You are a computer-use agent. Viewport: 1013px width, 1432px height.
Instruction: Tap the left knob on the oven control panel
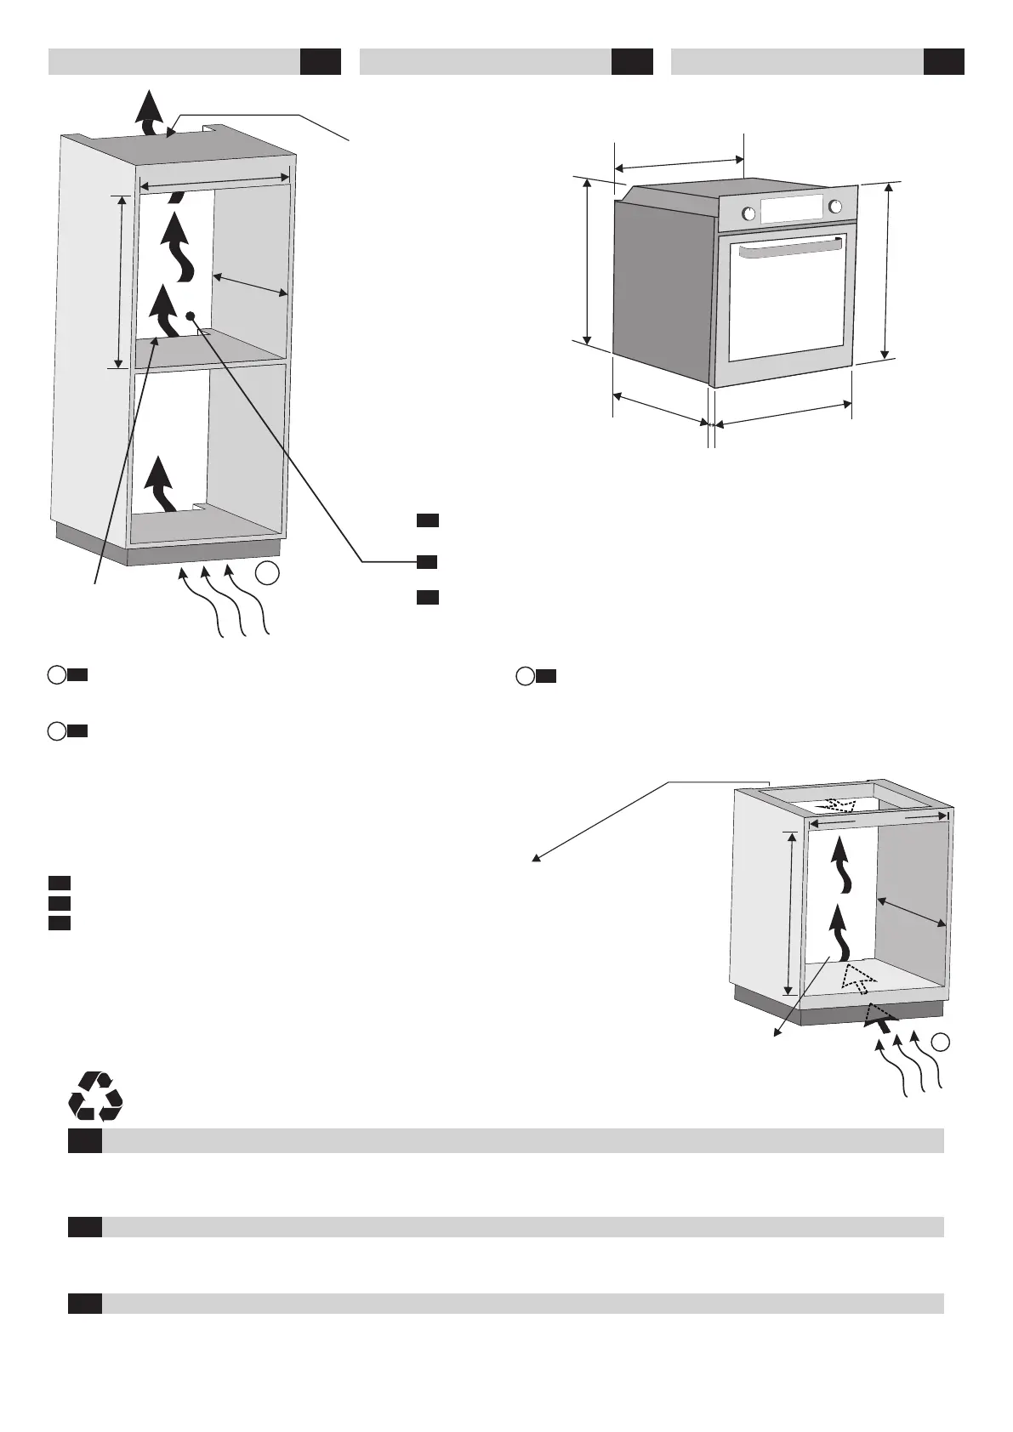(748, 213)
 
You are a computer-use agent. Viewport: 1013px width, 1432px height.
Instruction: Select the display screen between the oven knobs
(792, 209)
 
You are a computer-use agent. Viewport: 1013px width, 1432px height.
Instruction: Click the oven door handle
(791, 249)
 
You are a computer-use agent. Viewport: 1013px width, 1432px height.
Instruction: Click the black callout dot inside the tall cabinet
(191, 316)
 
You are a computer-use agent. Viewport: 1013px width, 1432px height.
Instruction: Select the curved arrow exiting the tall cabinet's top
(151, 112)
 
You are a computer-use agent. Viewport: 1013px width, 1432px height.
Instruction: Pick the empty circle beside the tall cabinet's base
(267, 574)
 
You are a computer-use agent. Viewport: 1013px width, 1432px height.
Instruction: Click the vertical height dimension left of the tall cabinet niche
(122, 281)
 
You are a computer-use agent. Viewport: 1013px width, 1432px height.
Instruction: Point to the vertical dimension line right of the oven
(886, 270)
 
